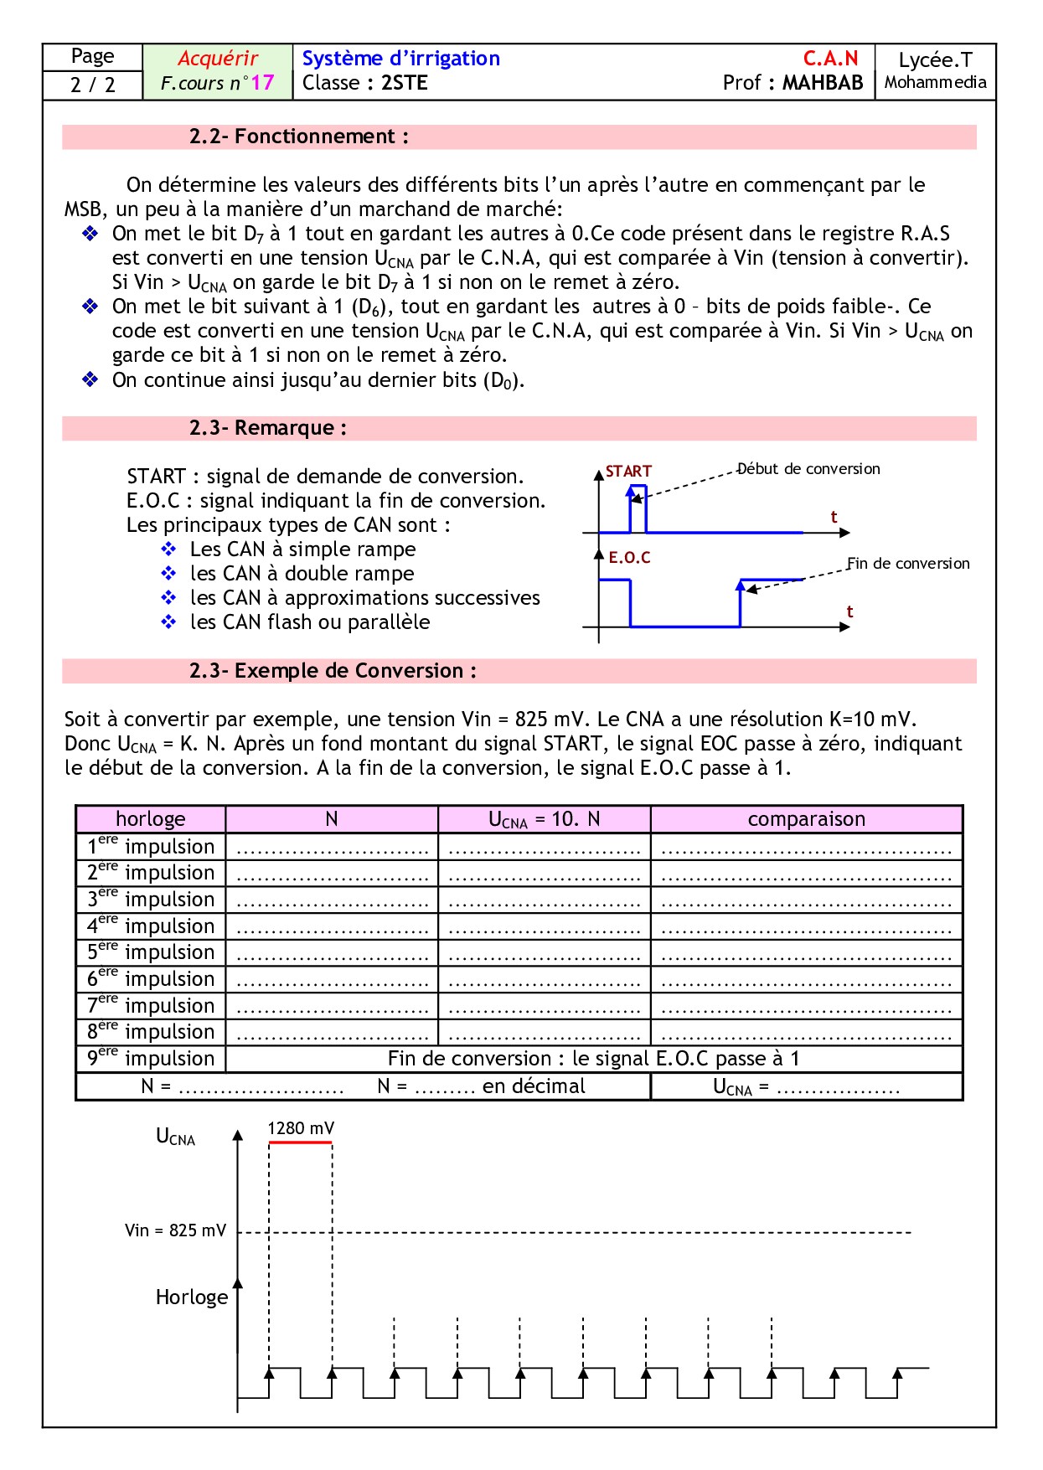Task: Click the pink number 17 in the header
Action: tap(262, 83)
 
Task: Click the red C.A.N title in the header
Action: tap(830, 59)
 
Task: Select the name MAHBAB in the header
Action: tap(823, 83)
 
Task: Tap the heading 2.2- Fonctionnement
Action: tap(298, 137)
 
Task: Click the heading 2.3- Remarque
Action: tap(267, 428)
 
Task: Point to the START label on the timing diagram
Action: tap(628, 472)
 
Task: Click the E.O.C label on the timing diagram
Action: tap(629, 558)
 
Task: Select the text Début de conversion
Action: tap(808, 469)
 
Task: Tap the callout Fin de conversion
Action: tap(908, 564)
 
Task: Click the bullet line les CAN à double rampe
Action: tap(302, 574)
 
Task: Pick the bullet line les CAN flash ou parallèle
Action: tap(310, 622)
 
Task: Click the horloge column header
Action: tap(151, 819)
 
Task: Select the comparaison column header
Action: tap(806, 819)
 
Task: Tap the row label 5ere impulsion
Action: tap(151, 952)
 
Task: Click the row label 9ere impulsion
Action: tap(151, 1059)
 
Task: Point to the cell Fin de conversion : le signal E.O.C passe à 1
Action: tap(593, 1059)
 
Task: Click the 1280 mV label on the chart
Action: tap(301, 1128)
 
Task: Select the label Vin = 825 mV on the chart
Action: tap(175, 1230)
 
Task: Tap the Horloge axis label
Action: tap(192, 1297)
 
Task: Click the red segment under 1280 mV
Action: tap(300, 1142)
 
